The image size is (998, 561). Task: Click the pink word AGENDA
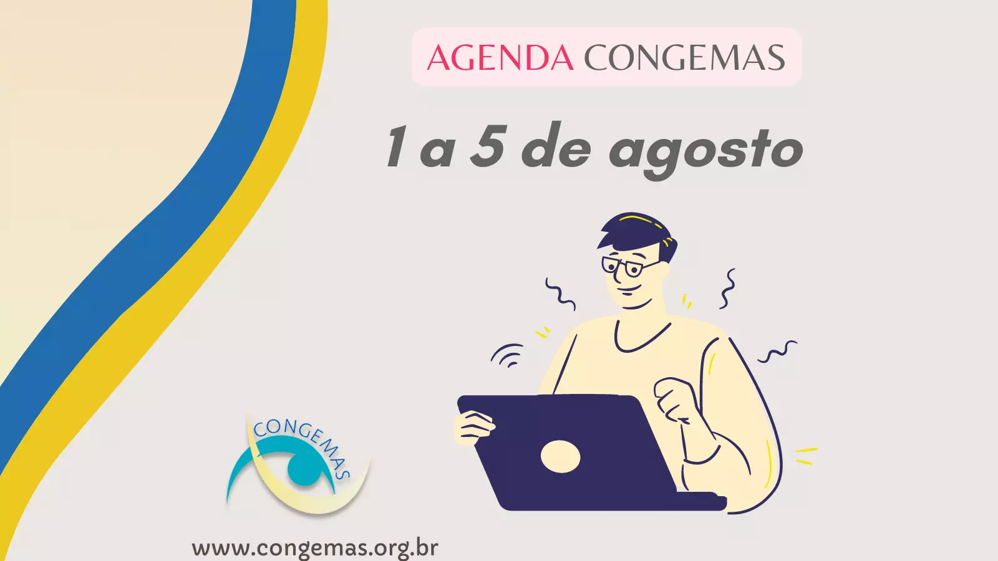click(x=500, y=57)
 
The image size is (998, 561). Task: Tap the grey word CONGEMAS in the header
click(x=684, y=57)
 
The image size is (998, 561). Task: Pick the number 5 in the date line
click(x=488, y=146)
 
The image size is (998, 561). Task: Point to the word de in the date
click(x=557, y=146)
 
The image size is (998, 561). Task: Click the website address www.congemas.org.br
click(x=315, y=548)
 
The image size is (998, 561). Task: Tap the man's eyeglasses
click(x=627, y=266)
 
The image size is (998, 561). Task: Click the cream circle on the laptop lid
click(x=561, y=456)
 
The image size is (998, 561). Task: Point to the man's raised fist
click(x=674, y=398)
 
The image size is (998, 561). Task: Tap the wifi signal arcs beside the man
click(x=508, y=355)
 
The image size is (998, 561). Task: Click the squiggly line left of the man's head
click(x=561, y=294)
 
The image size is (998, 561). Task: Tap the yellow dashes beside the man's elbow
click(x=807, y=456)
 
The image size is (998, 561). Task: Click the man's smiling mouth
click(x=629, y=292)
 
